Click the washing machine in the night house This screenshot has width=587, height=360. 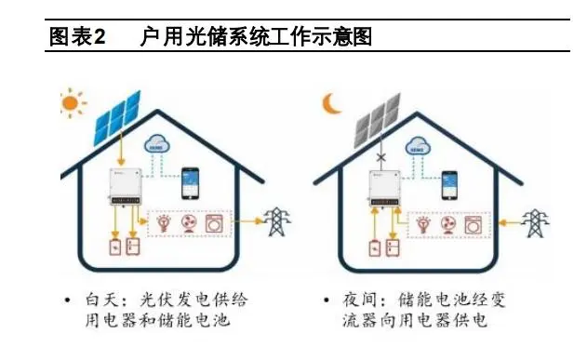click(x=475, y=225)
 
